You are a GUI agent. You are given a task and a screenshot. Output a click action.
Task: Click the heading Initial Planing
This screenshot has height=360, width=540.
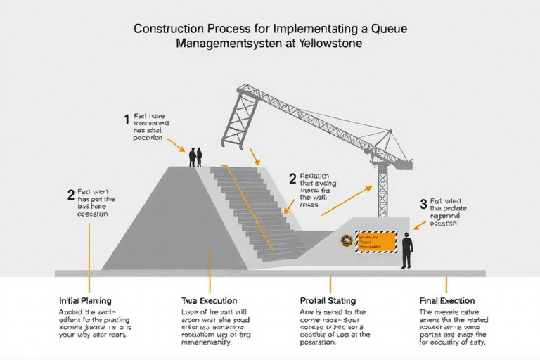[85, 301]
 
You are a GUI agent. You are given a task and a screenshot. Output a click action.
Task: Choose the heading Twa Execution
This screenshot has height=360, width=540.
[209, 301]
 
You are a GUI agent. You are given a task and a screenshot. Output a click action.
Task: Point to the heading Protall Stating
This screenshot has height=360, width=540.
[328, 301]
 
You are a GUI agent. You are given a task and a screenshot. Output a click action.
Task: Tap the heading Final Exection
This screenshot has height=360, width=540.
[446, 301]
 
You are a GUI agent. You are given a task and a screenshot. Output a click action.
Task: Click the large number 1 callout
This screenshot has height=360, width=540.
[127, 119]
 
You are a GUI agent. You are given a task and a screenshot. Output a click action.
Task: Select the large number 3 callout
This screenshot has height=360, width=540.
[423, 204]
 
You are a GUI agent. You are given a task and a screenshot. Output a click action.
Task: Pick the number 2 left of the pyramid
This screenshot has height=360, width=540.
[70, 194]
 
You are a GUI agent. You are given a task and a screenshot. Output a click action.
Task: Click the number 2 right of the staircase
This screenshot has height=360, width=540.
[292, 179]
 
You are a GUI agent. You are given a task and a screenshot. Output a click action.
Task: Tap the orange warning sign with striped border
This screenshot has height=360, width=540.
[376, 241]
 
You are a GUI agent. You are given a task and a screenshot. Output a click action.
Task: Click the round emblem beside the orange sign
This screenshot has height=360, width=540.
[346, 241]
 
